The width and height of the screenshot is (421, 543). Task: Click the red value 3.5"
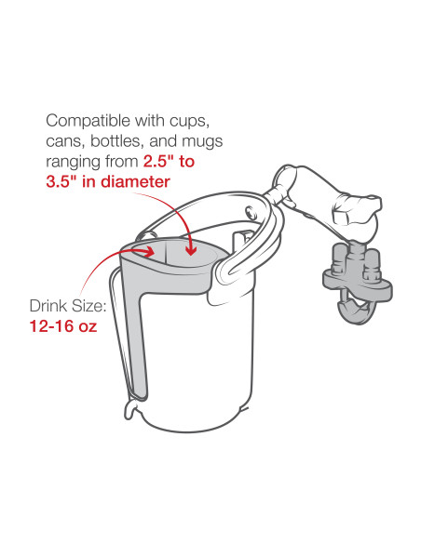[x=63, y=181]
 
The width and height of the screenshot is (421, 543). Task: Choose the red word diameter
[x=137, y=181]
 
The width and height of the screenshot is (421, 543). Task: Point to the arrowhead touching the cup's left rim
[x=153, y=250]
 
